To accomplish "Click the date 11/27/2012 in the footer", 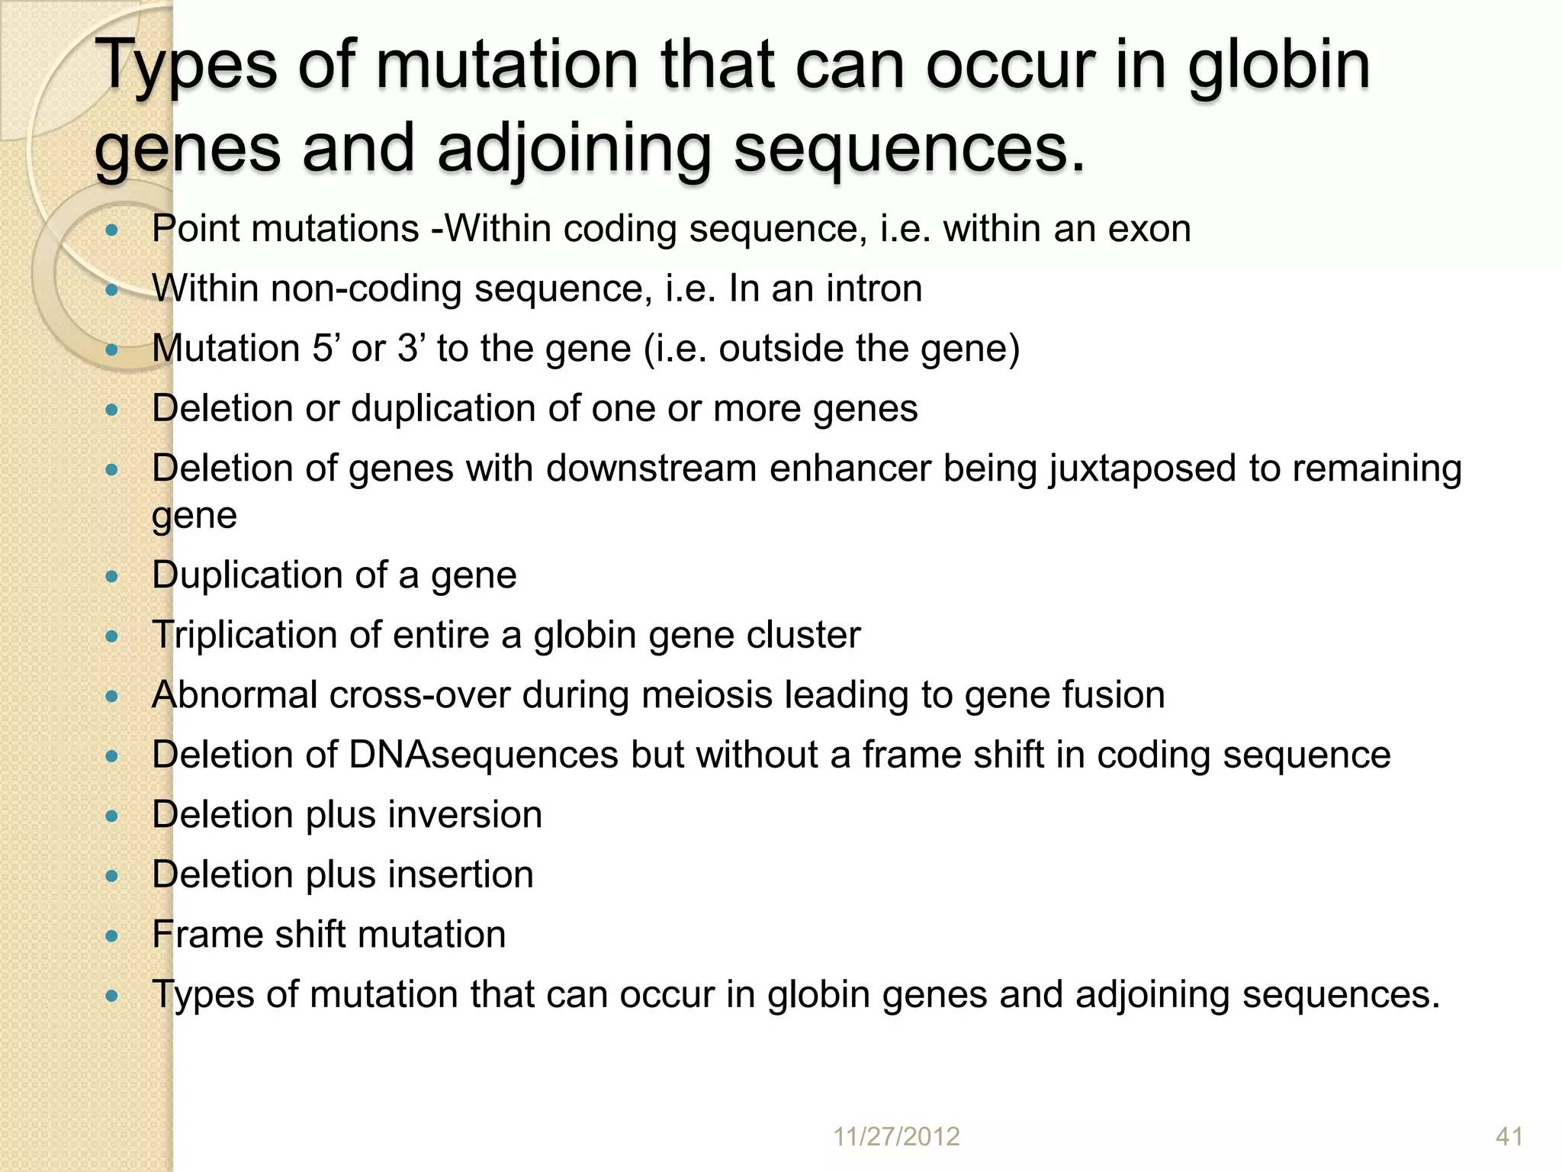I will pyautogui.click(x=896, y=1136).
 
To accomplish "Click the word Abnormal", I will pyautogui.click(x=234, y=695).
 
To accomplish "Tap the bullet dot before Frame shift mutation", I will pyautogui.click(x=112, y=936).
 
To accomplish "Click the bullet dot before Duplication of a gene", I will pyautogui.click(x=112, y=577).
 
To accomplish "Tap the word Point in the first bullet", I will pyautogui.click(x=196, y=229).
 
